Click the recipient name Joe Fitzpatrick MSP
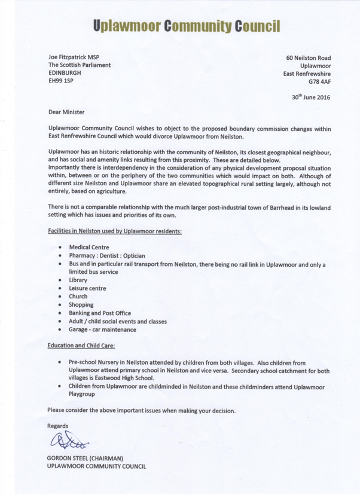point(74,57)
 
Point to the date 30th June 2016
point(310,97)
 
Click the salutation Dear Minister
point(66,112)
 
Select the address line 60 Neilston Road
point(308,57)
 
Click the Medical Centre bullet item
point(89,247)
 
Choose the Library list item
point(78,280)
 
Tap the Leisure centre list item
point(87,288)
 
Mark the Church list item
point(78,297)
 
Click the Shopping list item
point(81,305)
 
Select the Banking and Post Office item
point(100,313)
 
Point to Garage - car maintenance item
point(102,329)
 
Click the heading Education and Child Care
point(81,346)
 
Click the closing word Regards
point(58,426)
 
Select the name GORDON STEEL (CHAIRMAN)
point(85,459)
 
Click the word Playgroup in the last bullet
point(85,396)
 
